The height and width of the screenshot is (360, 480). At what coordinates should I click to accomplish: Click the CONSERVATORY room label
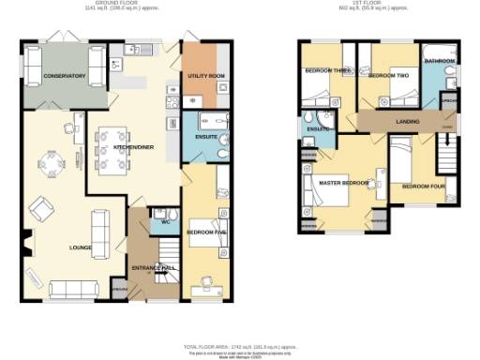pyautogui.click(x=64, y=76)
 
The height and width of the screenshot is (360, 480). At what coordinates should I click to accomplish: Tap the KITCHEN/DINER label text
pyautogui.click(x=134, y=148)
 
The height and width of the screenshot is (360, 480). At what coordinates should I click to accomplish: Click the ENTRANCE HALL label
pyautogui.click(x=153, y=267)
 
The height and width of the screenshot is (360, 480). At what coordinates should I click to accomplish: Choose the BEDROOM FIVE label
pyautogui.click(x=203, y=231)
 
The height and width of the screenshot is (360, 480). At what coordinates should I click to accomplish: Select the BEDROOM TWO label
pyautogui.click(x=387, y=76)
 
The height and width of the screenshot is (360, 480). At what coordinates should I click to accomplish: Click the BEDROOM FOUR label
pyautogui.click(x=422, y=186)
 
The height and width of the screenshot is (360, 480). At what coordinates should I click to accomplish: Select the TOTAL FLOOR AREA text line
pyautogui.click(x=239, y=346)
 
